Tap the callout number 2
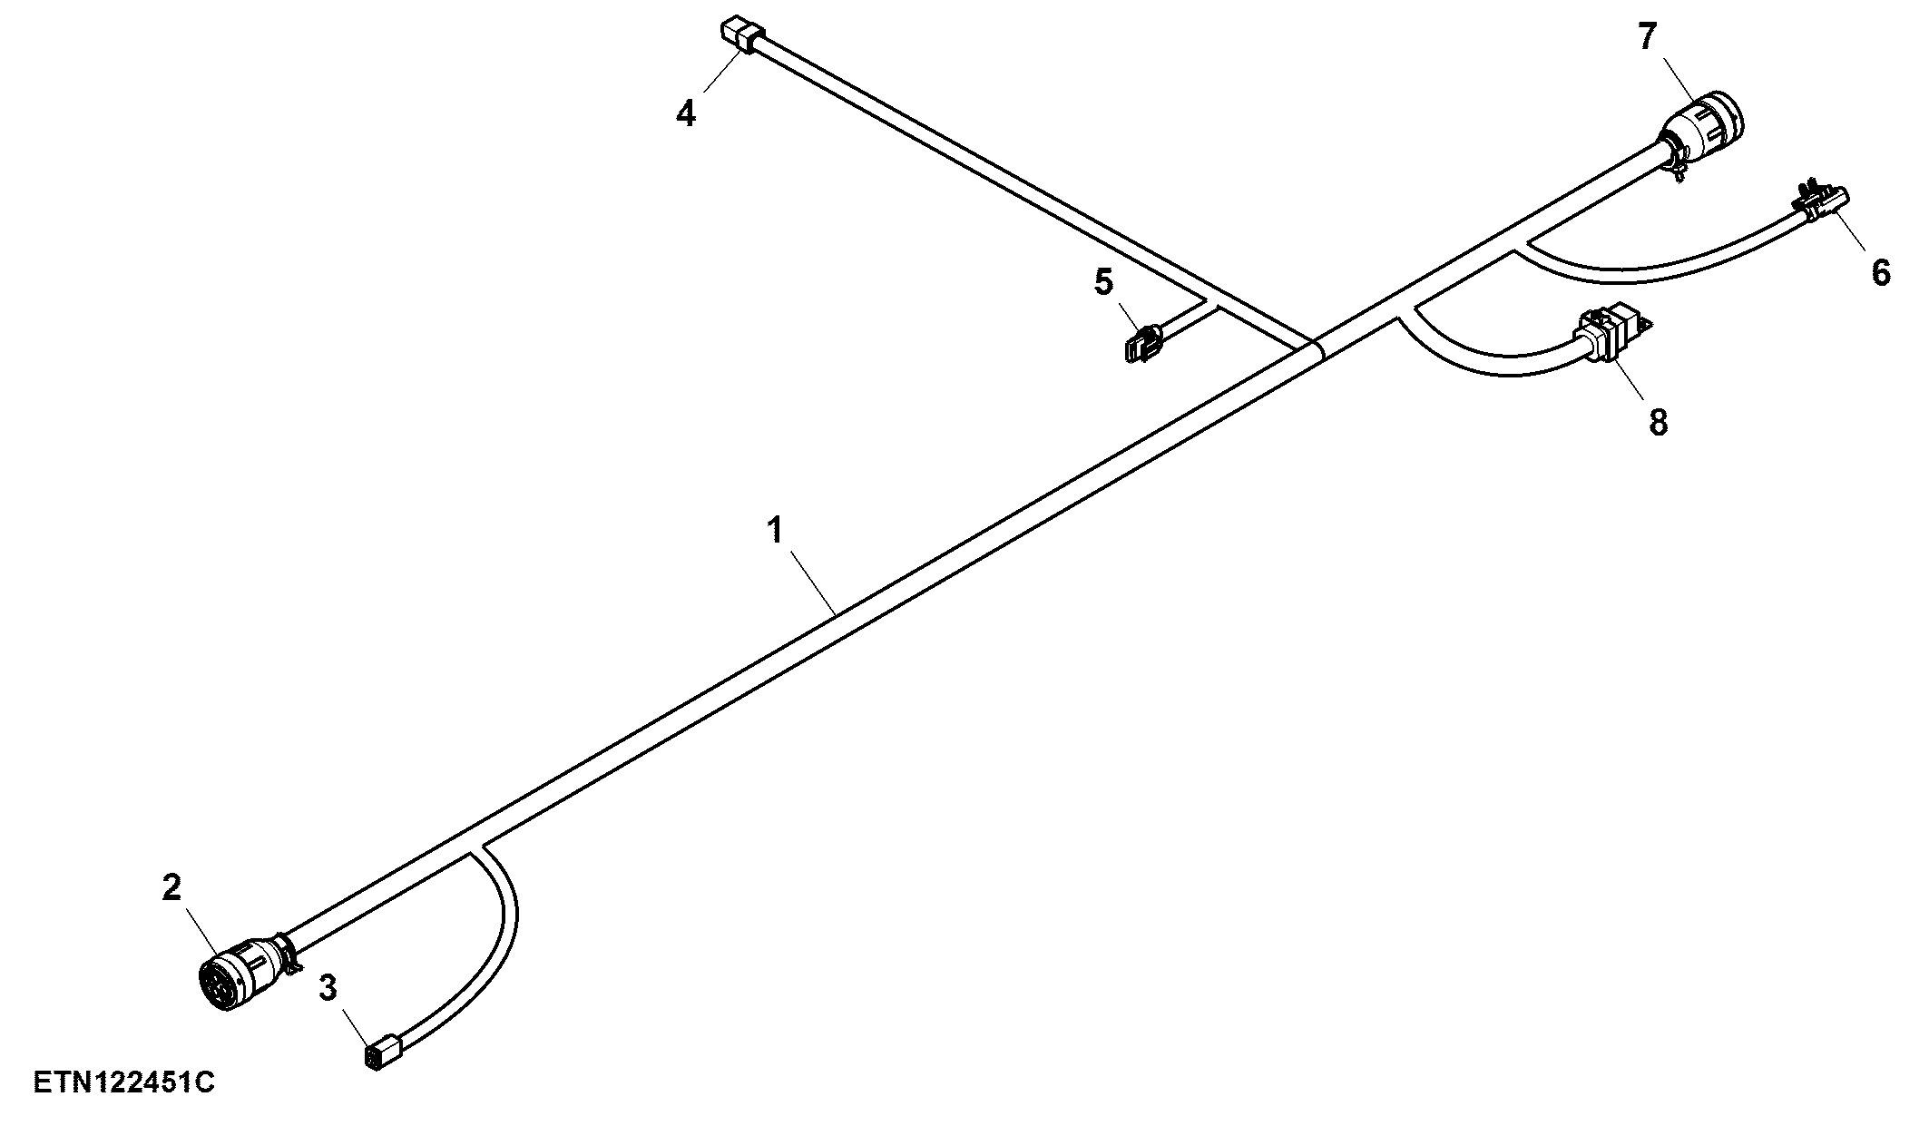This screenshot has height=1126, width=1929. coord(171,888)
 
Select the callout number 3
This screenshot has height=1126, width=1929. coord(328,987)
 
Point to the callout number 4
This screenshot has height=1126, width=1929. coord(686,113)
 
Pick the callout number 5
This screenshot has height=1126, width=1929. coord(1103,282)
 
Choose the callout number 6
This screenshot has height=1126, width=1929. coord(1881,271)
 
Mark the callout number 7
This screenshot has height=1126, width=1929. coord(1647,37)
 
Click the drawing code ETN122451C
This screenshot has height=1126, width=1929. coord(124,1082)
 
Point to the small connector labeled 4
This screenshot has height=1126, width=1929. coord(741,36)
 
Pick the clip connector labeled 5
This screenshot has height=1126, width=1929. coord(1142,344)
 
